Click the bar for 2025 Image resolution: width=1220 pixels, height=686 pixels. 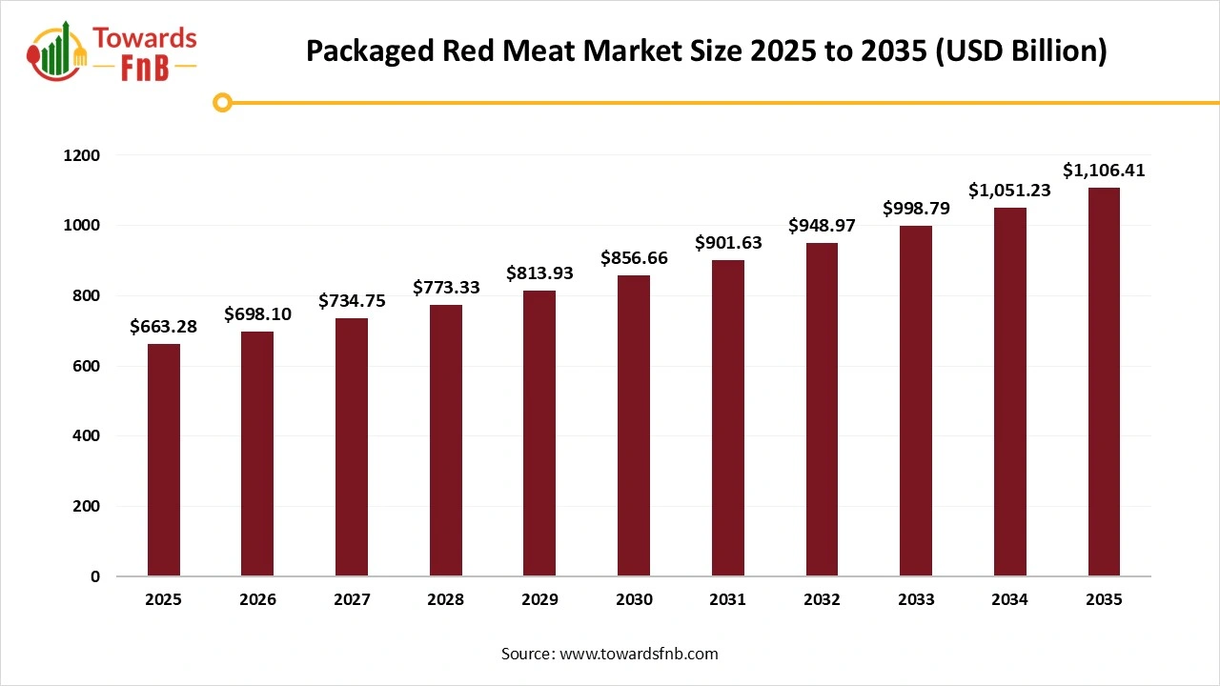coord(163,460)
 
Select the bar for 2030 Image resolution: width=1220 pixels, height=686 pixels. coord(634,426)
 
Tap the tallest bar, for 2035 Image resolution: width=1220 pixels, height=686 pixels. coord(1104,382)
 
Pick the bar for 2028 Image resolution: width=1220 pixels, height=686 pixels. coord(445,440)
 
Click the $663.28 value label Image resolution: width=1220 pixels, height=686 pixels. coord(163,327)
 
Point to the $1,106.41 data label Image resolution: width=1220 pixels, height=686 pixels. coord(1104,171)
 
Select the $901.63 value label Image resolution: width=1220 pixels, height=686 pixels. coord(728,243)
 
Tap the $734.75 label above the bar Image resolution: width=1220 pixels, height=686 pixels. coord(352,301)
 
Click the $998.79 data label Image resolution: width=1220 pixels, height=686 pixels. coord(916,208)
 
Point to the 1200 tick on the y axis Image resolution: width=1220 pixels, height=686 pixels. coord(81,155)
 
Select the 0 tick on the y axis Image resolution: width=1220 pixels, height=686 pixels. coord(94,576)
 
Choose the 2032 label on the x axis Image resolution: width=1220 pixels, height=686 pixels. coord(822,600)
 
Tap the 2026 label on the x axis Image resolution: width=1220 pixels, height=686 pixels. coord(257,600)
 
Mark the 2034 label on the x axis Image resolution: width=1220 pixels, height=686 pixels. coord(1009,600)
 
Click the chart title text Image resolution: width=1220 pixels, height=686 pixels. coord(706,51)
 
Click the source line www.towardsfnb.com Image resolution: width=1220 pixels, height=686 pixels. coord(610,654)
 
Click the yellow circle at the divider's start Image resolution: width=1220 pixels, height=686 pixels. coord(223,102)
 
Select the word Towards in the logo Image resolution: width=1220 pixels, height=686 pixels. coord(145,39)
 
